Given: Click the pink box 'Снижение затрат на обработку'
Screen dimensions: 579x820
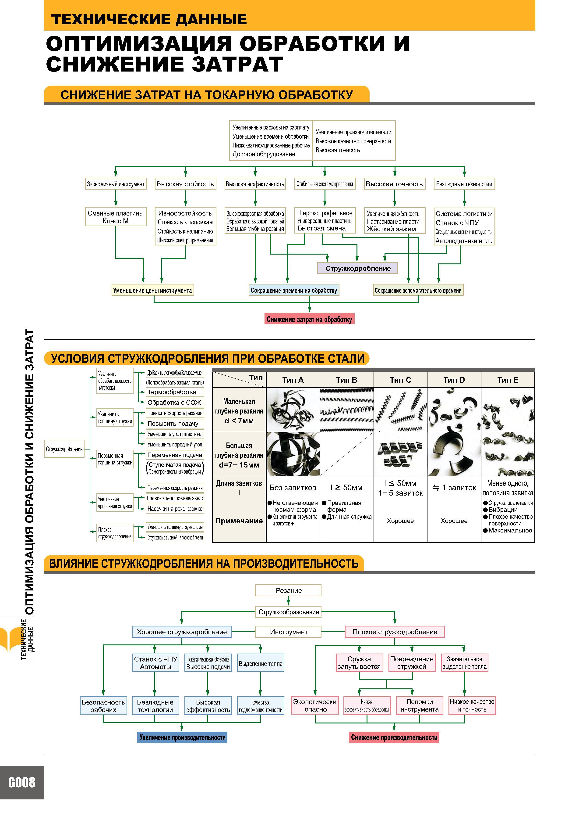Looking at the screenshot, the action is pyautogui.click(x=309, y=319).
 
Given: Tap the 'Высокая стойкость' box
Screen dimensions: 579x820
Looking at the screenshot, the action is pyautogui.click(x=185, y=184).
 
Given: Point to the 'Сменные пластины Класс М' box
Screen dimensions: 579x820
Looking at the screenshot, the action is pyautogui.click(x=116, y=217).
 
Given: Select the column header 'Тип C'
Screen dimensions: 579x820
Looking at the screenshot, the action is pyautogui.click(x=400, y=380).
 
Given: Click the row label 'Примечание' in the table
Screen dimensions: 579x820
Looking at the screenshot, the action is pyautogui.click(x=239, y=521).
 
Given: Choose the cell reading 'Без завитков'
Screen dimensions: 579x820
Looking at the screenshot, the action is pyautogui.click(x=293, y=488).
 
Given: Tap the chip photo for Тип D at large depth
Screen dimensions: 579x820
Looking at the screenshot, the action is pyautogui.click(x=454, y=454).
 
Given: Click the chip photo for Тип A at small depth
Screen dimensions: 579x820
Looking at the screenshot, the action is pyautogui.click(x=293, y=410).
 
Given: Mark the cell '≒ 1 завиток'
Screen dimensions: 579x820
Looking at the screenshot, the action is pyautogui.click(x=454, y=488).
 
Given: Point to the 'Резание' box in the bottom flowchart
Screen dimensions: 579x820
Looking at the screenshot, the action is pyautogui.click(x=288, y=590).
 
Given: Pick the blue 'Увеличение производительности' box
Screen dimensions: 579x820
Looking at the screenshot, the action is pyautogui.click(x=182, y=737).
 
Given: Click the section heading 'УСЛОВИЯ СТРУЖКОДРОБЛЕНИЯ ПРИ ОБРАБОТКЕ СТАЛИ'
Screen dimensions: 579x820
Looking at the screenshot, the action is pyautogui.click(x=208, y=359).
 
